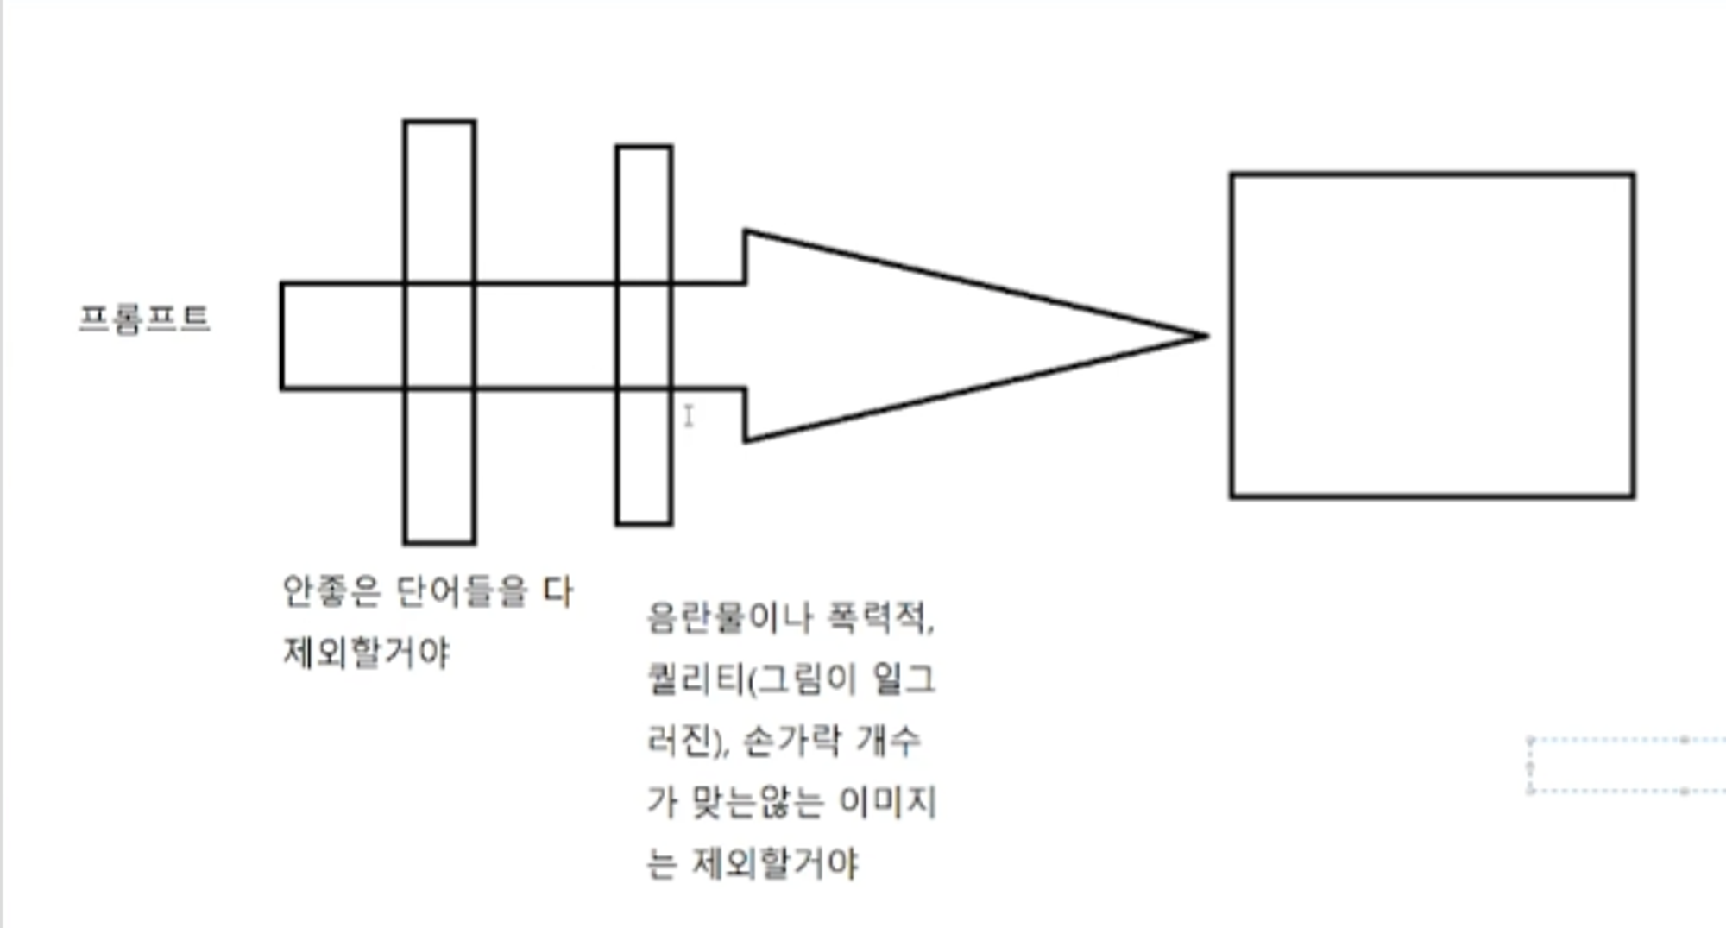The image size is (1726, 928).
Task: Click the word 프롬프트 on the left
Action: [x=144, y=319]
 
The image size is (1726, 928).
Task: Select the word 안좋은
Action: [x=331, y=591]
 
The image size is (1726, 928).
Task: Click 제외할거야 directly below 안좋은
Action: [x=367, y=652]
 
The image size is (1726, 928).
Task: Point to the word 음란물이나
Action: [x=730, y=617]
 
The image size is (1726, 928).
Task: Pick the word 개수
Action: [x=888, y=741]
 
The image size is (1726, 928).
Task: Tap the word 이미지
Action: [x=887, y=802]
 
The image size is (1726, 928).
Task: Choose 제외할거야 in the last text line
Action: [x=775, y=863]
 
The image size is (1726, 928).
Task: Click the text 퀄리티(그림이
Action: [x=751, y=679]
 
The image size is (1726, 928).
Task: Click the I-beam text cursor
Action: [x=689, y=416]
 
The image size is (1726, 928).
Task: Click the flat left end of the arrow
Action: [x=283, y=336]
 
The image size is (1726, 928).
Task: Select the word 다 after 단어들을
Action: [x=557, y=591]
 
